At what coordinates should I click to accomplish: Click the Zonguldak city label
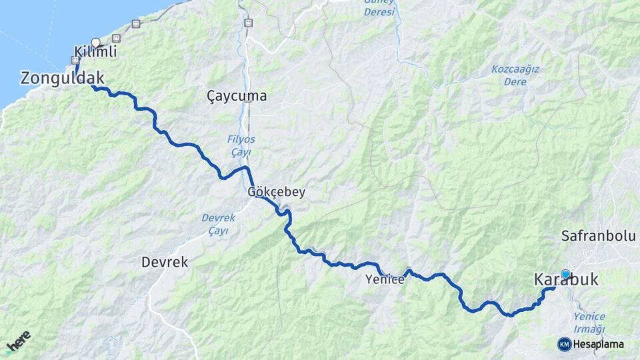pos(63,78)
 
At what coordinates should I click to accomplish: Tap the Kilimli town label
pos(95,52)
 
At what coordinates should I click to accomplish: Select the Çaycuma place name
pos(237,96)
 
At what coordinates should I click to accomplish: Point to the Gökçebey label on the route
pos(277,192)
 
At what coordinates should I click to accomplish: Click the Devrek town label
pos(165,263)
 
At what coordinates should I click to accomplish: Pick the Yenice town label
pos(385,280)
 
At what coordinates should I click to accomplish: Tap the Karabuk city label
pos(566,281)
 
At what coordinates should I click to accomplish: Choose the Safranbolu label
pos(599,236)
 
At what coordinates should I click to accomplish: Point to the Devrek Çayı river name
pos(215,224)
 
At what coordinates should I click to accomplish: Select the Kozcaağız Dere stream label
pos(515,75)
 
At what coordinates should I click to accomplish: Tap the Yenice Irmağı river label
pos(589,323)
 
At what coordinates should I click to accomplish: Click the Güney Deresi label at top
pos(379,7)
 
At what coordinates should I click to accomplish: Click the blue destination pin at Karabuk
pos(566,273)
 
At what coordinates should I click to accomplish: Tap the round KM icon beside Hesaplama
pos(564,344)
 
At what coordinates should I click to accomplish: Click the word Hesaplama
pos(598,344)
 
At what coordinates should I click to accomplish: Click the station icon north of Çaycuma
pos(248,23)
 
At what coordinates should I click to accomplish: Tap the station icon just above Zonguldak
pos(75,60)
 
